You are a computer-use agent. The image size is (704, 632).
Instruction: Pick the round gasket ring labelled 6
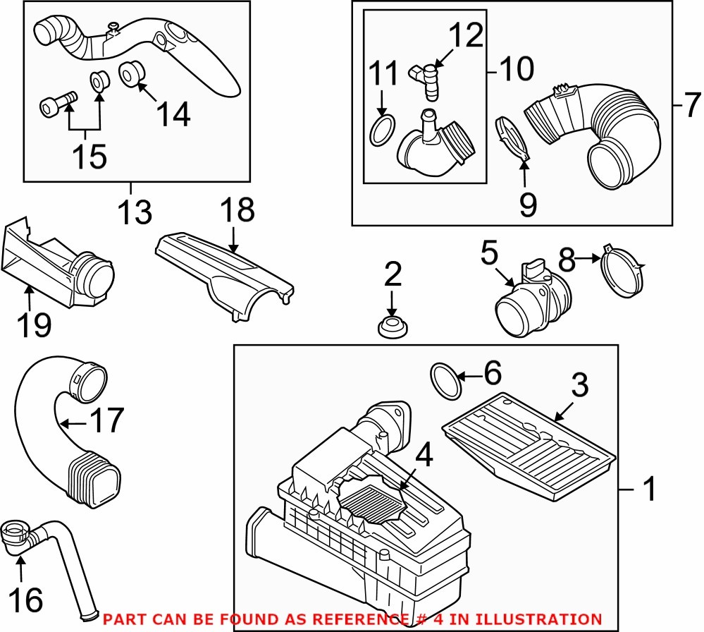(x=445, y=381)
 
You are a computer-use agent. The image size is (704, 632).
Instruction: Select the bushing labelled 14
(x=131, y=73)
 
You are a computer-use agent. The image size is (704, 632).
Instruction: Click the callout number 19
(x=34, y=324)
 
